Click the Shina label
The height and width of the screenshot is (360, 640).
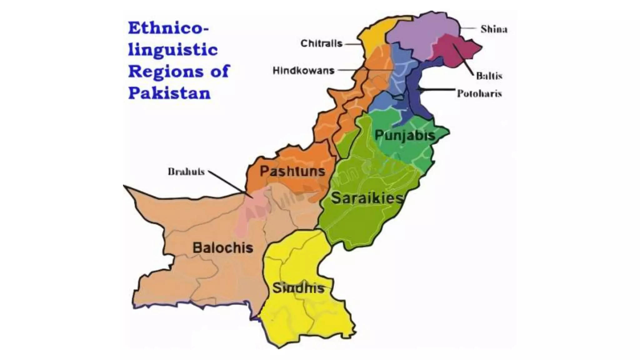pyautogui.click(x=494, y=29)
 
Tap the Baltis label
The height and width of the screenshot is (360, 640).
pyautogui.click(x=489, y=76)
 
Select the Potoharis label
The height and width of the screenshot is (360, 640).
pyautogui.click(x=479, y=93)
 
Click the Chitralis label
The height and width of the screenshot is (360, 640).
pyautogui.click(x=321, y=43)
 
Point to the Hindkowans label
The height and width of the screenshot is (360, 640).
pyautogui.click(x=303, y=71)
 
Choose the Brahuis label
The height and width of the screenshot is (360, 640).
pyautogui.click(x=186, y=172)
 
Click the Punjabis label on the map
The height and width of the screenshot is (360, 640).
pyautogui.click(x=405, y=135)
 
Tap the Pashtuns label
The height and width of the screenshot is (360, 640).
pyautogui.click(x=292, y=171)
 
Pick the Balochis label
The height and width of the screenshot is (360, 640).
pyautogui.click(x=223, y=248)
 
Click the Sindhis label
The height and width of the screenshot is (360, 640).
pyautogui.click(x=298, y=288)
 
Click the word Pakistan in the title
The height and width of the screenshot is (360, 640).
pyautogui.click(x=169, y=93)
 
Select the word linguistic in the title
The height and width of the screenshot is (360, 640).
pyautogui.click(x=173, y=50)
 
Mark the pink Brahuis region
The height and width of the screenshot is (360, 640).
pyautogui.click(x=250, y=212)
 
